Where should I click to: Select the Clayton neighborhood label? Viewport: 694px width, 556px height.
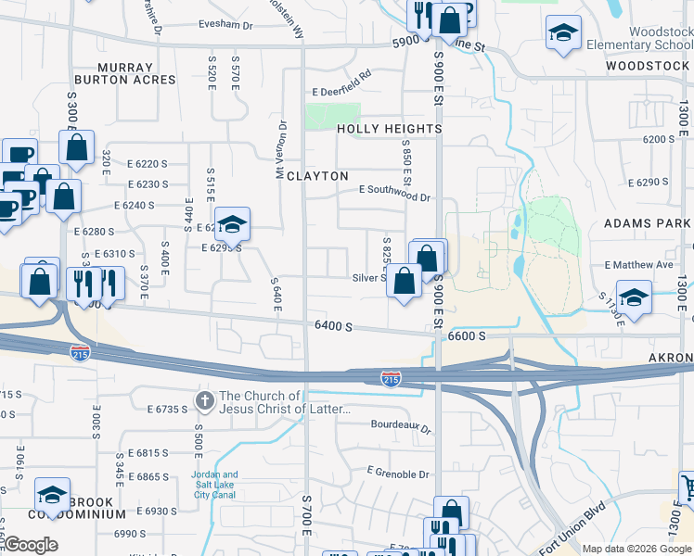coord(317,176)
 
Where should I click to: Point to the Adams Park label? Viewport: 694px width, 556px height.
coord(647,223)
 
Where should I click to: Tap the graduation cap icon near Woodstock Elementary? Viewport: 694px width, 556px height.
coord(562,34)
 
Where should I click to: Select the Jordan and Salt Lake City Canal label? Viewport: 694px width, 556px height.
coord(214,485)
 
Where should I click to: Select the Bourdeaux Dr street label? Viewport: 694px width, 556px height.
coord(401,427)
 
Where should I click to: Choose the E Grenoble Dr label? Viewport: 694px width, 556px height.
coord(398,474)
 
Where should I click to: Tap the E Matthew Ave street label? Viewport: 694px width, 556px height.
coord(638,264)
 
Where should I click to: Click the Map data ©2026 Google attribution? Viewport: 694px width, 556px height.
coord(636,549)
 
